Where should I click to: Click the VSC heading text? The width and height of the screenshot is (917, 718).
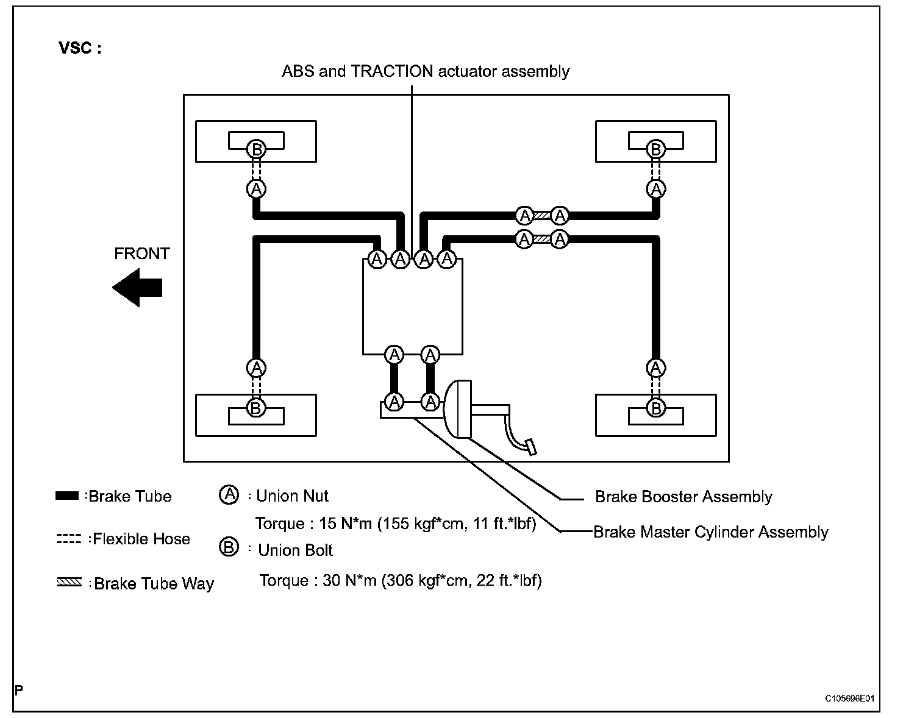tap(80, 49)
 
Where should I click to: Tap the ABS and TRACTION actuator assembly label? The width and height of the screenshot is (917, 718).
tap(425, 71)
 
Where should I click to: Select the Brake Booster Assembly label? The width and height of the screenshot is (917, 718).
tap(683, 497)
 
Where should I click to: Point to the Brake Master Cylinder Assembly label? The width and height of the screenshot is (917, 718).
tap(710, 532)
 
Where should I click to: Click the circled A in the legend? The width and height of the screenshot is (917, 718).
tap(228, 494)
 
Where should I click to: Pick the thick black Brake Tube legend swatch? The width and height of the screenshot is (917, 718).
tap(67, 496)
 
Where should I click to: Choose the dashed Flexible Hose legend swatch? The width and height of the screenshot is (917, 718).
tap(68, 539)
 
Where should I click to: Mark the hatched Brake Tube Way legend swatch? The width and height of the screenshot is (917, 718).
tap(68, 583)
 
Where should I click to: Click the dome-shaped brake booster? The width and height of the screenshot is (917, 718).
tap(457, 408)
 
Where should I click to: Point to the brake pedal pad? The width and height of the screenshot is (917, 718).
tap(532, 447)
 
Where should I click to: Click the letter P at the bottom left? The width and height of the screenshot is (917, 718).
tap(19, 691)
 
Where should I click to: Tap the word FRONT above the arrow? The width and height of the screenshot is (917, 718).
tap(141, 254)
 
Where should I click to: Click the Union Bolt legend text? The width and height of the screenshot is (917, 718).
tap(295, 551)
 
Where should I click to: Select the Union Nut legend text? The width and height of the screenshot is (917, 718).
tap(292, 496)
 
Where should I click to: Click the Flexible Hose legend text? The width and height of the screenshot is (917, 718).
tap(141, 539)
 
